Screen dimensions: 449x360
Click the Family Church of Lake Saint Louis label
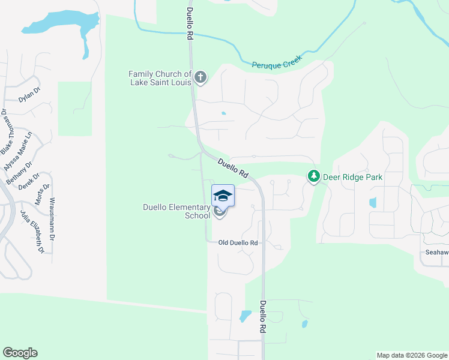(160, 78)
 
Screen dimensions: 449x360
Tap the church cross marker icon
(200, 77)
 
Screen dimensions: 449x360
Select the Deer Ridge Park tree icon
(313, 176)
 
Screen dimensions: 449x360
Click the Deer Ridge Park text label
(352, 177)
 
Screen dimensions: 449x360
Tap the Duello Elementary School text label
(176, 211)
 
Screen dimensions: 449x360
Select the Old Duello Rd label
(238, 242)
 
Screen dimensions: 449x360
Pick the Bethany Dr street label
(19, 173)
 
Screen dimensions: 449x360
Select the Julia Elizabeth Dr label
(32, 232)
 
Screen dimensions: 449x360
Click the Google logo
(20, 352)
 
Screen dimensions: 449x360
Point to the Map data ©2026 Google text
(411, 355)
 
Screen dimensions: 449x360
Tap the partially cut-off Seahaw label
(436, 253)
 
